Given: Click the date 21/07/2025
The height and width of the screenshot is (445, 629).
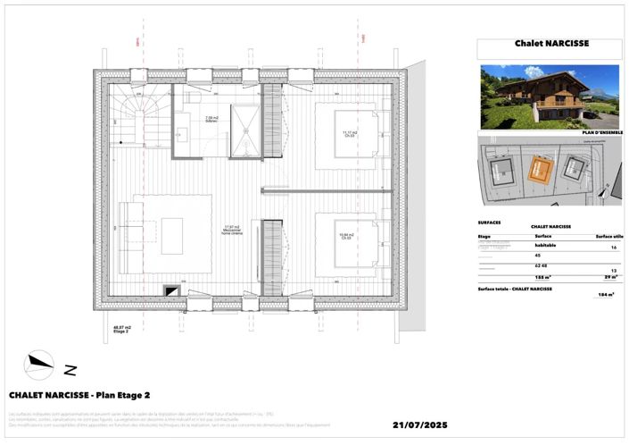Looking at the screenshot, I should [x=431, y=425].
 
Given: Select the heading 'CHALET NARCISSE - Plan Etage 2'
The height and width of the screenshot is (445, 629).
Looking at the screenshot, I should [x=79, y=394].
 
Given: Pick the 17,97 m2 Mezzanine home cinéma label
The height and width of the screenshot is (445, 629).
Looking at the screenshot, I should [x=234, y=230].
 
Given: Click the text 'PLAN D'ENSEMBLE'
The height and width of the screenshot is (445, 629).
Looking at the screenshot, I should [x=601, y=131].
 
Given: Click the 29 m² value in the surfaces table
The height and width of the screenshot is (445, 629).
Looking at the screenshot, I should [x=610, y=278].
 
